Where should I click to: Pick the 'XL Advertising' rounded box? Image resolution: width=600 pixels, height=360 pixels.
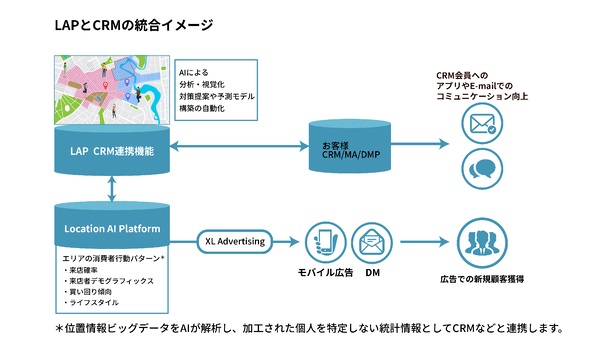click(233, 241)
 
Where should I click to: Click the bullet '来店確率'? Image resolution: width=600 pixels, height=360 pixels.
click(84, 270)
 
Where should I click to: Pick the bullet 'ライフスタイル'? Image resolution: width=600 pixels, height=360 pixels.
click(92, 301)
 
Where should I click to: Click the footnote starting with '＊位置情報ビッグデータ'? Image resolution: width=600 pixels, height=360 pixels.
click(300, 329)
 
